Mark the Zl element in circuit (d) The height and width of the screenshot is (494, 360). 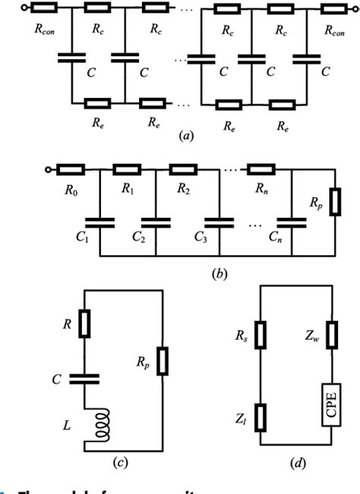(x=261, y=414)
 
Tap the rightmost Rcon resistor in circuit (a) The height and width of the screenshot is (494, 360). (x=333, y=10)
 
